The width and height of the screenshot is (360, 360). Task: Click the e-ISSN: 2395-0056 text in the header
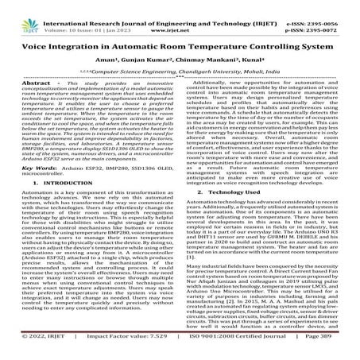pyautogui.click(x=319, y=7)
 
